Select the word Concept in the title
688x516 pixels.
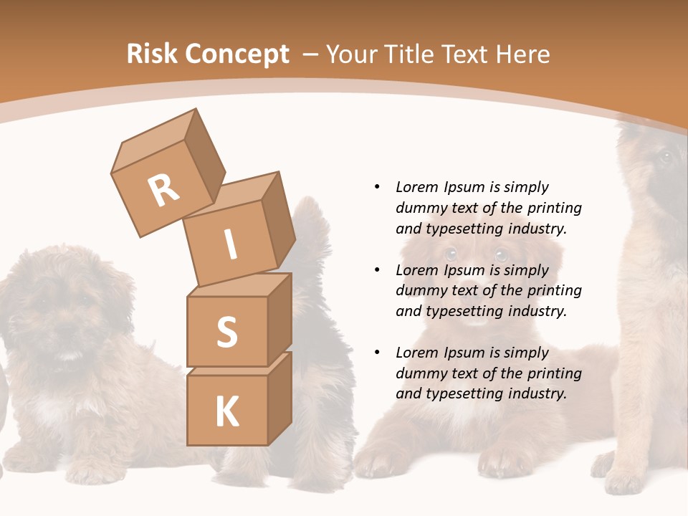[237, 54]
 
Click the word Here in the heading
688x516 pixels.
[522, 54]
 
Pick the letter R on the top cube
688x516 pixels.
[163, 191]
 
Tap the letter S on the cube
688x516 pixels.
[226, 332]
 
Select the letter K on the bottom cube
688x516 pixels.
[226, 412]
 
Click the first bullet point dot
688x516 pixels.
[377, 187]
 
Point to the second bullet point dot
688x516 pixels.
[377, 270]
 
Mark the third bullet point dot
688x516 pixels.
[377, 353]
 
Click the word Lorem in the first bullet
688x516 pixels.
[416, 187]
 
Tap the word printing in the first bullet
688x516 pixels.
[554, 208]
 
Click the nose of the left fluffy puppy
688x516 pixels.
[68, 331]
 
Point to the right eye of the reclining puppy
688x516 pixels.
[501, 254]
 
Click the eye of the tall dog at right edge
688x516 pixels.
[666, 156]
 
